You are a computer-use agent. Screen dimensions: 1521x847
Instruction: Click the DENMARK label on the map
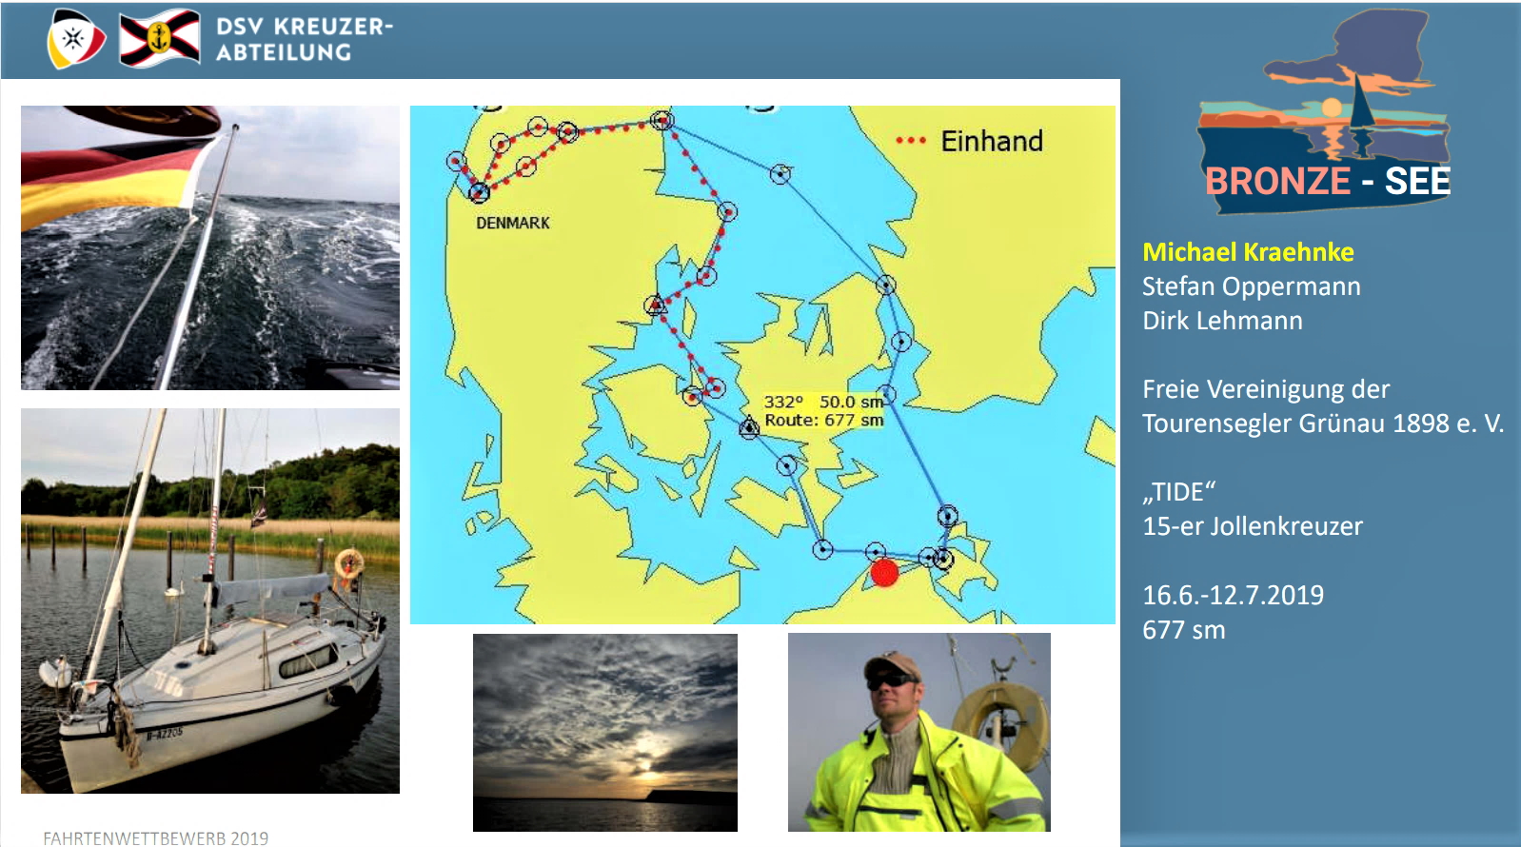point(513,223)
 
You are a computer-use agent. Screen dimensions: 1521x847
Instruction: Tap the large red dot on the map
point(884,572)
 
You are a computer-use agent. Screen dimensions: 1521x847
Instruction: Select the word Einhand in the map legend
point(992,141)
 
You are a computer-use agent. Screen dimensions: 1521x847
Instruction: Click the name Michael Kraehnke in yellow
point(1248,252)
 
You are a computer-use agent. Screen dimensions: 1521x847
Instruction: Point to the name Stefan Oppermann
point(1252,286)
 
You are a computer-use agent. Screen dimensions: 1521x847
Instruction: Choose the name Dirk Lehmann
point(1222,321)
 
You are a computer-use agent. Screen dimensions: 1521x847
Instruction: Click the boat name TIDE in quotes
point(1178,491)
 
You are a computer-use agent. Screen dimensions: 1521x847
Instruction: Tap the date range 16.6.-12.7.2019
point(1234,595)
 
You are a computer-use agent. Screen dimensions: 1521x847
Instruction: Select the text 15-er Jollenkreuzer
point(1252,526)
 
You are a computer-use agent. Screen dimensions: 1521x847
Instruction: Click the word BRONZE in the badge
point(1277,181)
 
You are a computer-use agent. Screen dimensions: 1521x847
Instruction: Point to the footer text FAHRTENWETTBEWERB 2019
point(155,838)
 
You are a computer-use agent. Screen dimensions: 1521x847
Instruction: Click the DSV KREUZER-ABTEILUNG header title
point(305,39)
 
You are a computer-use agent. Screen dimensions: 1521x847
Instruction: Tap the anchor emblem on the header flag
point(160,38)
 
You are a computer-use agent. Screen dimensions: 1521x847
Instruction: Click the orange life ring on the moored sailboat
point(349,563)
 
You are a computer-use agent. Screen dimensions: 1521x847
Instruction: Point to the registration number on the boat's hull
point(165,733)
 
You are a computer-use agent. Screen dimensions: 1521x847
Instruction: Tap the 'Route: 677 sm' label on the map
point(823,420)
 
